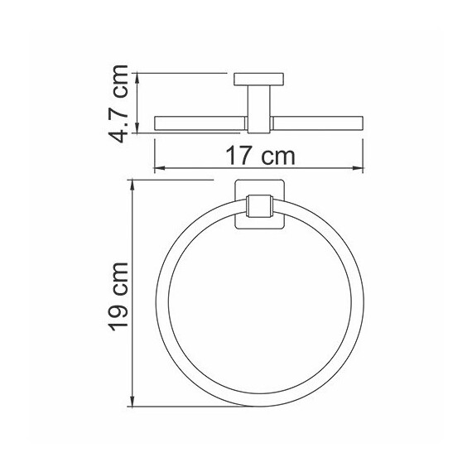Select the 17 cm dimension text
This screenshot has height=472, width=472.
258,154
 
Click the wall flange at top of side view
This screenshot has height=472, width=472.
260,79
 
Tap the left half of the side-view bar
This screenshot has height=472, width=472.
199,124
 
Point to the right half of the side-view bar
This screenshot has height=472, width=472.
319,124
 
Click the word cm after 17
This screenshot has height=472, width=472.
277,154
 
